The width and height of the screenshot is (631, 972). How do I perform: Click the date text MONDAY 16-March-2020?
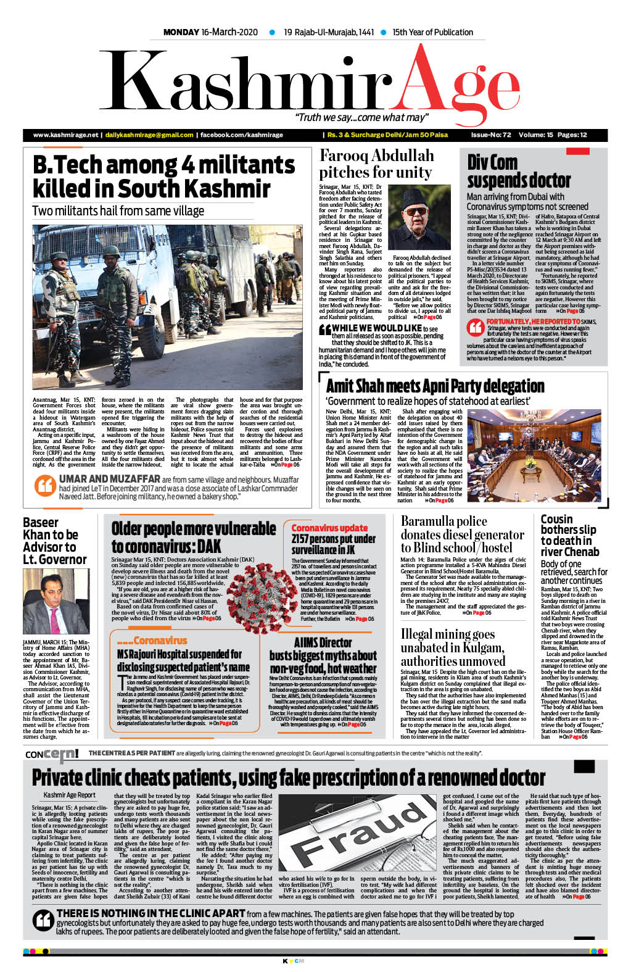click(x=210, y=32)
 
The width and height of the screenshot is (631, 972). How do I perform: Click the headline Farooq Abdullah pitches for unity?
click(x=376, y=164)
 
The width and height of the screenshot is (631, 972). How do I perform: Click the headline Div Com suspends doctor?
click(x=519, y=171)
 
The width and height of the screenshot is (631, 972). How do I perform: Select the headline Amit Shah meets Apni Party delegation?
click(x=435, y=386)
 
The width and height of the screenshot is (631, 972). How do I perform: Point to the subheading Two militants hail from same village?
click(x=118, y=211)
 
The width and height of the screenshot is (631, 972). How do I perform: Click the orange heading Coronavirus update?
click(x=329, y=528)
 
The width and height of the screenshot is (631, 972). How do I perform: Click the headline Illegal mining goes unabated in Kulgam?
click(x=453, y=647)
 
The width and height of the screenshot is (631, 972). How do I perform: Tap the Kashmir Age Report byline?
click(x=69, y=795)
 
